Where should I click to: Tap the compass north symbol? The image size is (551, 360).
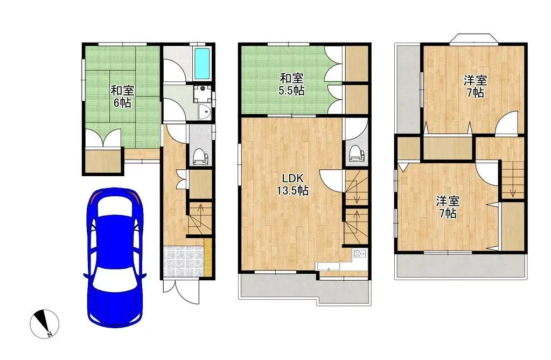44,323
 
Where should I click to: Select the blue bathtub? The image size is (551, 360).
202,63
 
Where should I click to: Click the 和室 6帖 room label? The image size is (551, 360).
122,96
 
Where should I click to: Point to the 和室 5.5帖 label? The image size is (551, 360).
291,85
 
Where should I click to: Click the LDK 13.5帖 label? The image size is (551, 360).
292,184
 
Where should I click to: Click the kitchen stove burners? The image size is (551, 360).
359,254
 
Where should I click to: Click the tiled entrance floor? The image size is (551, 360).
184,261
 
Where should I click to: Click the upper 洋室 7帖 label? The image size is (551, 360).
475,86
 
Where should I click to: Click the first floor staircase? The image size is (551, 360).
200,219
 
